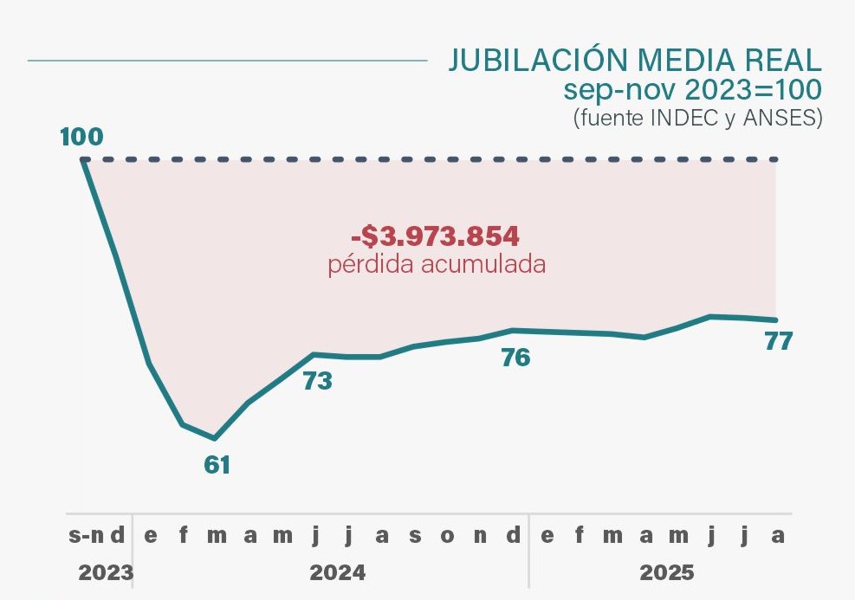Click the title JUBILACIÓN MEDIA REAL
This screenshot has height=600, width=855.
click(x=634, y=60)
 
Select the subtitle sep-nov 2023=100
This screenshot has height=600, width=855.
click(x=691, y=89)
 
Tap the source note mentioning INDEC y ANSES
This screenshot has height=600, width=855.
click(x=697, y=118)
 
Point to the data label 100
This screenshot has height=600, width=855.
click(x=81, y=137)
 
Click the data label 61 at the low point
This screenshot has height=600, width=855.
click(x=217, y=465)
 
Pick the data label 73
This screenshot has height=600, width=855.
click(x=318, y=381)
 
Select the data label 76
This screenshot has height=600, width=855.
click(x=516, y=357)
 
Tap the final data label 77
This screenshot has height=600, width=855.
click(x=779, y=341)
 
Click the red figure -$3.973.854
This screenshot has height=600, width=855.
click(x=435, y=236)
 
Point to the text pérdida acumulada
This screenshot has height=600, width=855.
click(x=437, y=264)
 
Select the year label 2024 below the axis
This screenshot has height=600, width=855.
click(x=338, y=572)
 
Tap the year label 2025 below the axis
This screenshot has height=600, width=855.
click(x=667, y=572)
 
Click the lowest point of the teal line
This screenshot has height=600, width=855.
click(x=215, y=438)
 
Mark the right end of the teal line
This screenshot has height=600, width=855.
click(x=776, y=320)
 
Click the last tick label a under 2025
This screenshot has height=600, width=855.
click(x=778, y=535)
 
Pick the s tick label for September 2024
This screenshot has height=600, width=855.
click(x=415, y=535)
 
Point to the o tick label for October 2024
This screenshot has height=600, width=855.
click(x=447, y=535)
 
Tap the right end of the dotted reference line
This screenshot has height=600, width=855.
click(x=776, y=159)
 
